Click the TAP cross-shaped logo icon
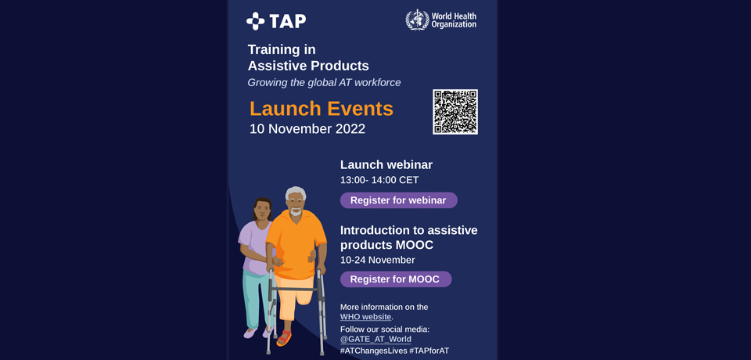[x=255, y=21]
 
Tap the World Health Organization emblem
[x=417, y=20]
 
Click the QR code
[x=455, y=112]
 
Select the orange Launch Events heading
[x=321, y=109]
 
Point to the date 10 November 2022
[x=307, y=129]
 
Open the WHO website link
[x=366, y=317]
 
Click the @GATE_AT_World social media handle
[x=375, y=340]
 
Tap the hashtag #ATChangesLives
[x=374, y=351]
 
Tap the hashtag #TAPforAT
[x=429, y=351]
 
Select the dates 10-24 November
[x=377, y=261]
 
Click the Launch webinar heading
[x=386, y=165]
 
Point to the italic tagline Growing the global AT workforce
[x=324, y=83]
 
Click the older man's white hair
[x=296, y=193]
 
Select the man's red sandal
[x=283, y=337]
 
